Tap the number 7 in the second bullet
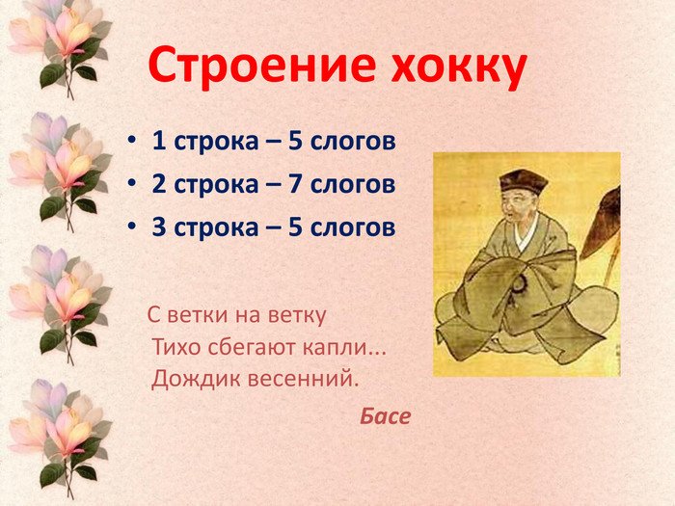pyautogui.click(x=295, y=184)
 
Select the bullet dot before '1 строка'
pyautogui.click(x=132, y=141)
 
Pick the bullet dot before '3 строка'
pyautogui.click(x=132, y=226)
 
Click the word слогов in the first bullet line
pyautogui.click(x=353, y=141)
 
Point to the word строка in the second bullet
pyautogui.click(x=216, y=185)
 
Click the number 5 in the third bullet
pyautogui.click(x=295, y=226)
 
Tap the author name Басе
pyautogui.click(x=386, y=416)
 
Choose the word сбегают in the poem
pyautogui.click(x=252, y=346)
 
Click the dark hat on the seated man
pyautogui.click(x=523, y=182)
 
